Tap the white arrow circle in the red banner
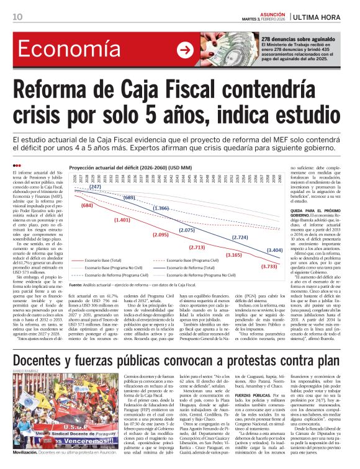coord(184,50)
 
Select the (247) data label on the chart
coord(95,187)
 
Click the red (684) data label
coord(86,205)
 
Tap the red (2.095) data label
coord(160,234)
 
